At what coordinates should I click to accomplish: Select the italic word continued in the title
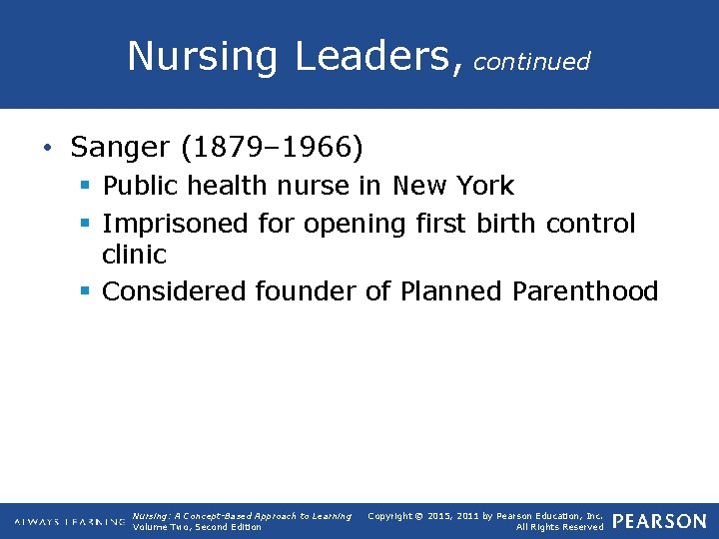tap(531, 62)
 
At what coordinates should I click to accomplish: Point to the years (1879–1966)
tap(273, 148)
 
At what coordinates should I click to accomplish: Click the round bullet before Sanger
tap(48, 150)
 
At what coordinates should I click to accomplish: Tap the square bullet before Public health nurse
tap(86, 186)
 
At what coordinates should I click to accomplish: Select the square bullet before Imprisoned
tap(86, 224)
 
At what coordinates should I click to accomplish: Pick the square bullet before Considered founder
tap(86, 291)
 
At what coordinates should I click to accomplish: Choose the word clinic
tap(134, 255)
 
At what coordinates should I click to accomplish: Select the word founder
tap(305, 291)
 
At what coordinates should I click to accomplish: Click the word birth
tap(506, 224)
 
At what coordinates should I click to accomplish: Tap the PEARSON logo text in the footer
tap(659, 522)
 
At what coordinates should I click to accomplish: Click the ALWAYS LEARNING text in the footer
tap(69, 522)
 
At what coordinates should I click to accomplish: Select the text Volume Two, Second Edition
tap(197, 527)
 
